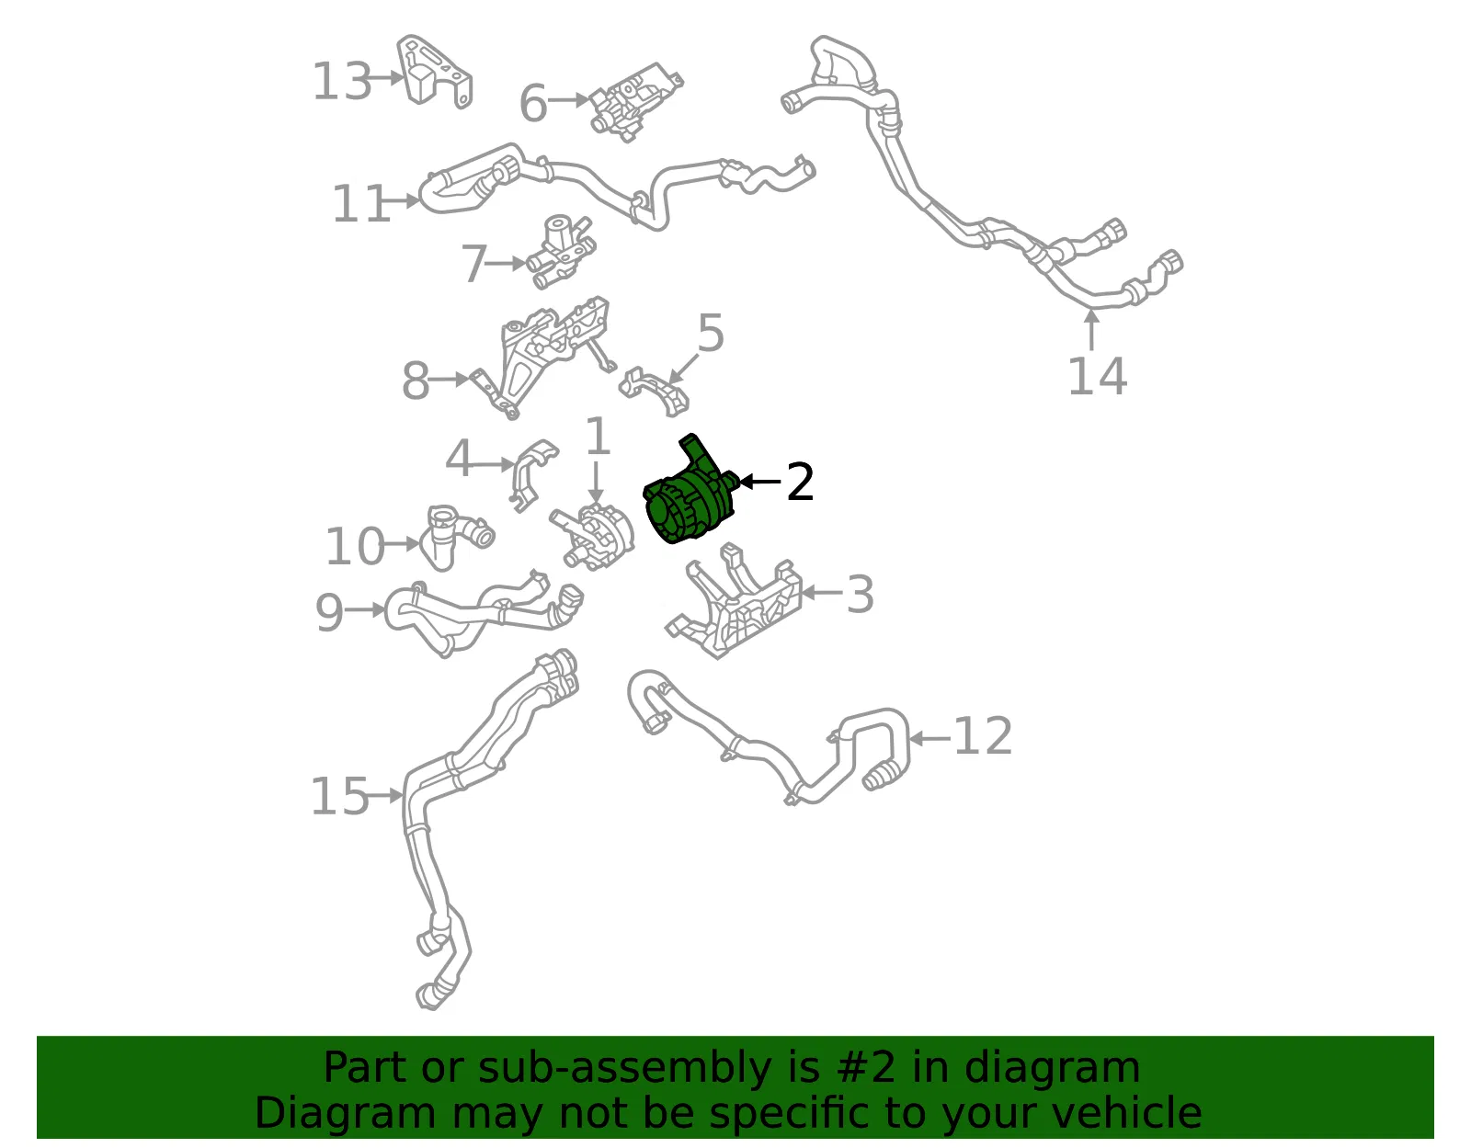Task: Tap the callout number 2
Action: (800, 483)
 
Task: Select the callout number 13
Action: (342, 81)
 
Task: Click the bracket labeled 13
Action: (433, 72)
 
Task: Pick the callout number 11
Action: (360, 204)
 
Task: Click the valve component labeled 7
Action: (561, 253)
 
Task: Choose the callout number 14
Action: (1098, 377)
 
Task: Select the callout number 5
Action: (711, 333)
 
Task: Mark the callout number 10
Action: (356, 547)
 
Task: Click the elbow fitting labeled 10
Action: (455, 538)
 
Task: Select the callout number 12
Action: (983, 736)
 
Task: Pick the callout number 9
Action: (330, 613)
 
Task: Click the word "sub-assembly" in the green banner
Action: (623, 1067)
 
